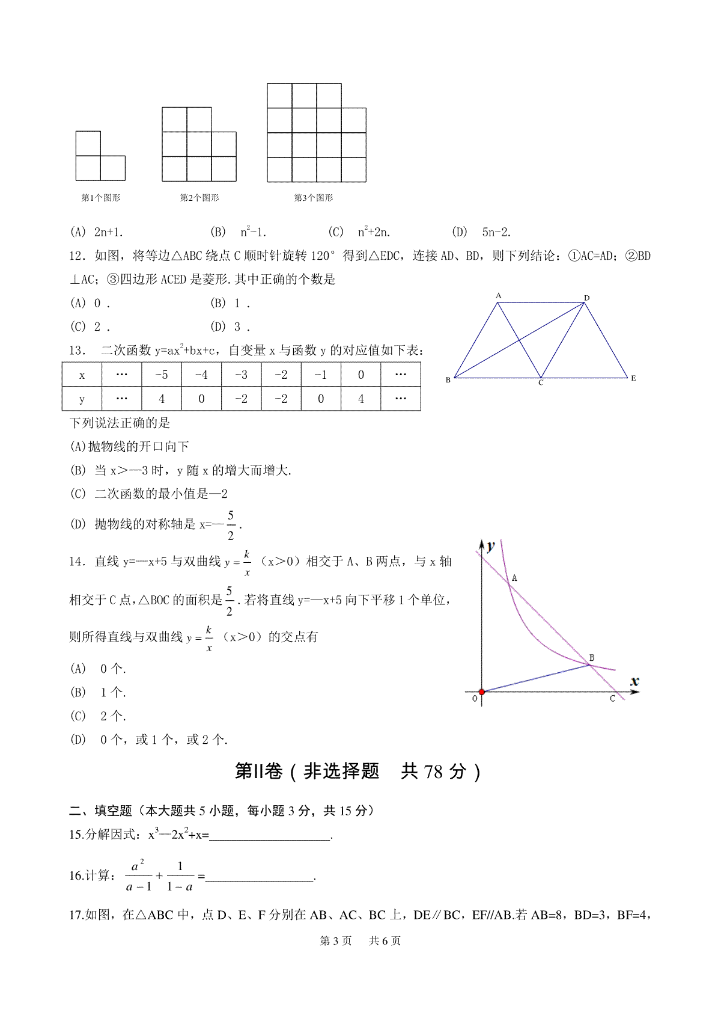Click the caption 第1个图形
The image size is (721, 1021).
coord(100,198)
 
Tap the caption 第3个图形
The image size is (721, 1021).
coord(313,198)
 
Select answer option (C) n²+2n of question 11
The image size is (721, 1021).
coord(359,232)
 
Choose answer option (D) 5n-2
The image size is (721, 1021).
coord(481,232)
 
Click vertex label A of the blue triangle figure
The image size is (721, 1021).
coord(498,295)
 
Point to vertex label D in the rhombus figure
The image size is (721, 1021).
coord(587,298)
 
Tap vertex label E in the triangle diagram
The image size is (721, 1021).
coord(633,378)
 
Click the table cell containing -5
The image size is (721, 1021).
coord(162,375)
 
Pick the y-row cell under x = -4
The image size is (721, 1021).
coord(201,399)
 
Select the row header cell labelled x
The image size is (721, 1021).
coord(82,375)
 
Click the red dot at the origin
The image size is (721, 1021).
coord(481,692)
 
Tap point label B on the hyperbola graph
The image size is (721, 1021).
coord(592,658)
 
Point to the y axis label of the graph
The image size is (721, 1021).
coord(491,546)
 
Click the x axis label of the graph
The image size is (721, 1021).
coord(634,681)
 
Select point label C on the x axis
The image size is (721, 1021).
coord(612,699)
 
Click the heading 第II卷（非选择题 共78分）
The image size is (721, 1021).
coord(358,771)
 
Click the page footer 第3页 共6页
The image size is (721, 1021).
coord(360,941)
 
